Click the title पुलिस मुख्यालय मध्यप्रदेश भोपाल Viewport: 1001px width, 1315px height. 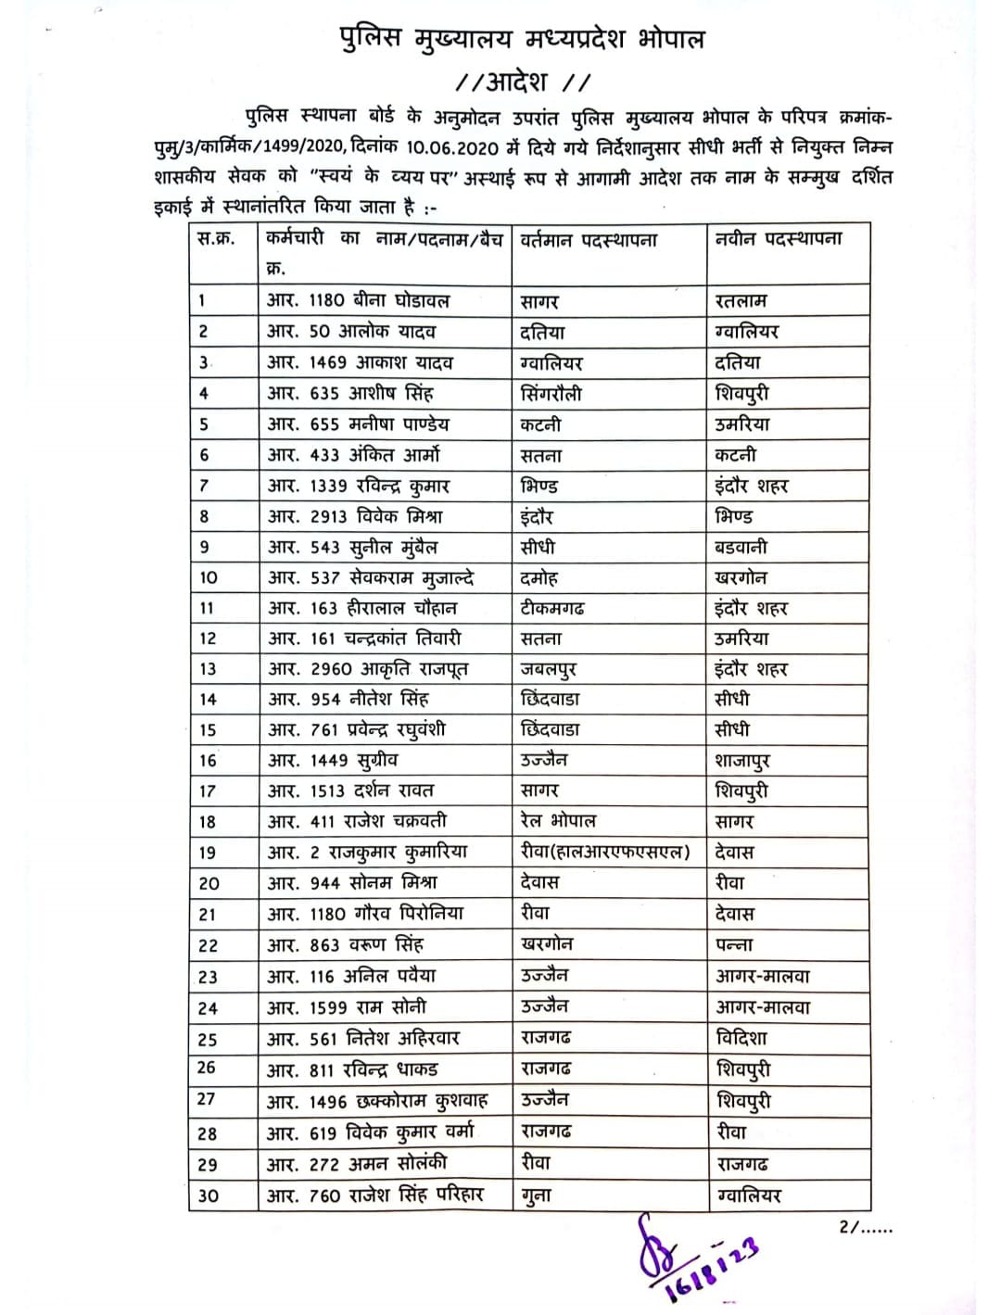tap(521, 38)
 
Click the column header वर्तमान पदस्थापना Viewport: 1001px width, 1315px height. tap(589, 240)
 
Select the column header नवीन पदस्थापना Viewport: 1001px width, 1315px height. tap(779, 239)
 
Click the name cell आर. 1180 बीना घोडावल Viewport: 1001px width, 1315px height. tap(358, 300)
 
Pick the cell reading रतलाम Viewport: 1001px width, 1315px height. tap(741, 301)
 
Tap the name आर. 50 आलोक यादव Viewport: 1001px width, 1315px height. tap(351, 331)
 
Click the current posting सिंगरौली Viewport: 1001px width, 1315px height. tap(551, 393)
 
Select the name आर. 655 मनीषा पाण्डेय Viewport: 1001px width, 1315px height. tap(358, 424)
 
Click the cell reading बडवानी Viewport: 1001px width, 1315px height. tap(741, 547)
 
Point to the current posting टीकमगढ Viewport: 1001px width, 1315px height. tap(552, 608)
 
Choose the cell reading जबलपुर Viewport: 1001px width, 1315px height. tap(549, 669)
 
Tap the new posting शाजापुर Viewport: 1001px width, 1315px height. tap(742, 761)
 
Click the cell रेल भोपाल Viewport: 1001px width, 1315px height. tap(558, 821)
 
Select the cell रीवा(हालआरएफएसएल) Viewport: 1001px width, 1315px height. tap(605, 852)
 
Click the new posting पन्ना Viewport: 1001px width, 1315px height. tap(734, 945)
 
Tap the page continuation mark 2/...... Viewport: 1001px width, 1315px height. tap(865, 1227)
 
